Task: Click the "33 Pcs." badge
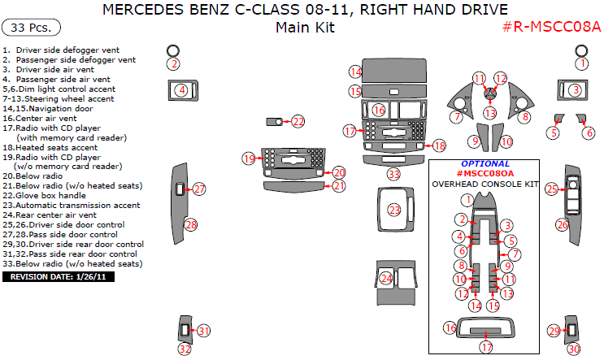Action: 33,28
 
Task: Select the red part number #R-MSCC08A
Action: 549,28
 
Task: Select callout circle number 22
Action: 298,122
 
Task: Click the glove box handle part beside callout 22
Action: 275,122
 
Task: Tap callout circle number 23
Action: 394,210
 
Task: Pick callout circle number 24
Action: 387,278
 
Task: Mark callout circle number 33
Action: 393,174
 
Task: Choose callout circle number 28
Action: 191,225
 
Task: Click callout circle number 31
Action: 203,331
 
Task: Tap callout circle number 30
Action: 574,349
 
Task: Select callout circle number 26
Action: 562,224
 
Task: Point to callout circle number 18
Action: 439,146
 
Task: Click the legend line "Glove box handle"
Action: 58,196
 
